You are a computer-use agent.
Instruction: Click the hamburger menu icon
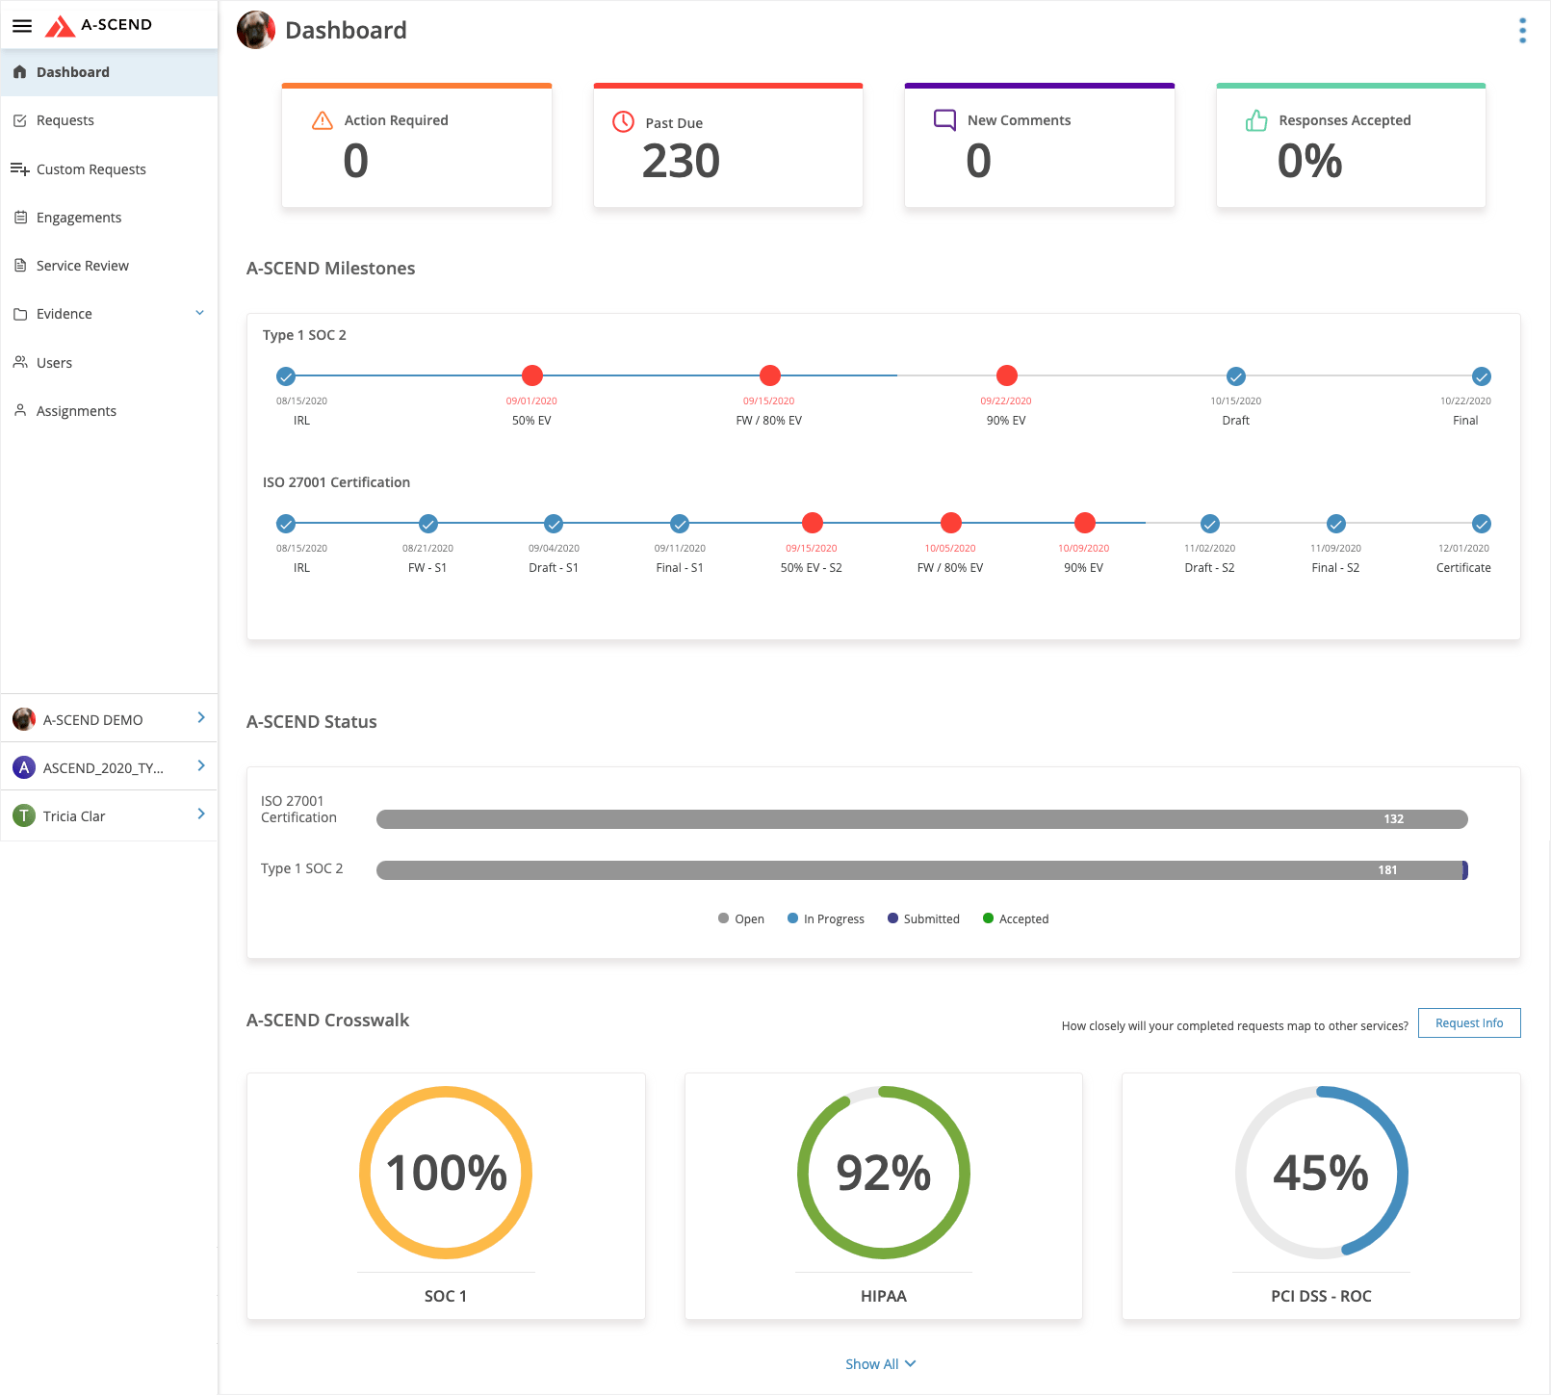pyautogui.click(x=22, y=26)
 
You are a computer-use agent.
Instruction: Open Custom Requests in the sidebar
pyautogui.click(x=90, y=169)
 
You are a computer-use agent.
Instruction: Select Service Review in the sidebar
pyautogui.click(x=82, y=266)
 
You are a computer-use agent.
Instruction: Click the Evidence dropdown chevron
pyautogui.click(x=200, y=313)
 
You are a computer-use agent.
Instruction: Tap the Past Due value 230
pyautogui.click(x=681, y=161)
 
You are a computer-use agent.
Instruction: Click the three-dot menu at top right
pyautogui.click(x=1522, y=31)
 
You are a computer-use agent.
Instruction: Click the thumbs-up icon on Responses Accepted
pyautogui.click(x=1256, y=121)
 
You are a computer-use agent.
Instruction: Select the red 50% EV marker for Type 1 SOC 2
pyautogui.click(x=532, y=375)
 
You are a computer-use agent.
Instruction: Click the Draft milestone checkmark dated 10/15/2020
pyautogui.click(x=1236, y=376)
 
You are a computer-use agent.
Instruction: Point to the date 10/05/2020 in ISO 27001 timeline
pyautogui.click(x=950, y=549)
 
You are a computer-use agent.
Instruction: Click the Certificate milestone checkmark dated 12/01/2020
pyautogui.click(x=1482, y=524)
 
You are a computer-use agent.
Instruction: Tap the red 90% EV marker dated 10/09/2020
pyautogui.click(x=1085, y=523)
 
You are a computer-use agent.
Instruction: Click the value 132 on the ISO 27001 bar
pyautogui.click(x=1393, y=819)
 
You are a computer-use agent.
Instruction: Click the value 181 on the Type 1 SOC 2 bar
pyautogui.click(x=1387, y=870)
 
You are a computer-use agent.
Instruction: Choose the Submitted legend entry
pyautogui.click(x=923, y=919)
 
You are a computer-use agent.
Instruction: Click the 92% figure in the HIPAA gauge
pyautogui.click(x=883, y=1174)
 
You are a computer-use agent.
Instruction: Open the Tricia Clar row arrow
pyautogui.click(x=201, y=814)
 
